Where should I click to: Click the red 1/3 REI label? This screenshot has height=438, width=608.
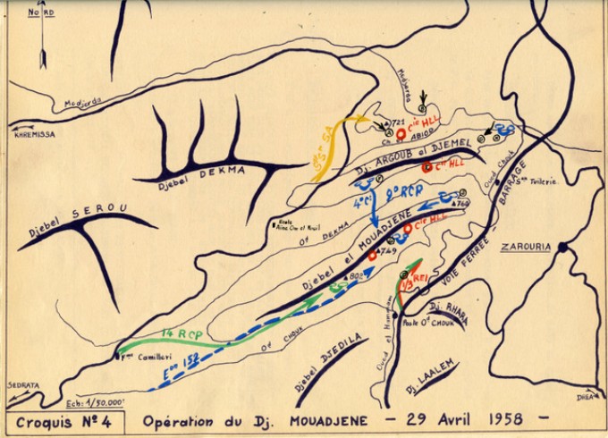click(410, 283)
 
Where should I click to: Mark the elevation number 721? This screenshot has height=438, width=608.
click(399, 120)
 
